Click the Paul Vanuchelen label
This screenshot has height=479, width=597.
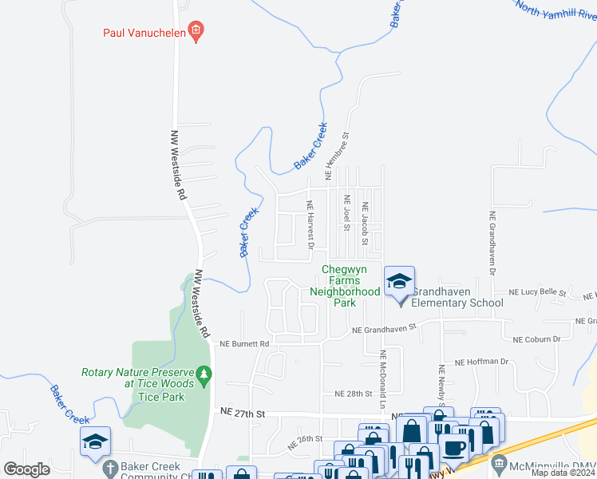[142, 33]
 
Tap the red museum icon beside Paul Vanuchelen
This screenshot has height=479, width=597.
[196, 32]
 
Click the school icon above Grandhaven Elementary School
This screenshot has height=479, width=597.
[399, 281]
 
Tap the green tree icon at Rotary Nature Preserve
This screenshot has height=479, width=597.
[205, 373]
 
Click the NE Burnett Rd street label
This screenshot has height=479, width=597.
[244, 344]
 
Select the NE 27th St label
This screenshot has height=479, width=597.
[242, 412]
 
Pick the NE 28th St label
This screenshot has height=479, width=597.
[354, 394]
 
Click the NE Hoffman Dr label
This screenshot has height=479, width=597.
[481, 362]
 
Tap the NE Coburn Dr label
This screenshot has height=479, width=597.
[536, 339]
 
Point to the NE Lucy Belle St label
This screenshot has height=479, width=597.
[537, 294]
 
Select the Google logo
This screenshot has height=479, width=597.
[26, 469]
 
